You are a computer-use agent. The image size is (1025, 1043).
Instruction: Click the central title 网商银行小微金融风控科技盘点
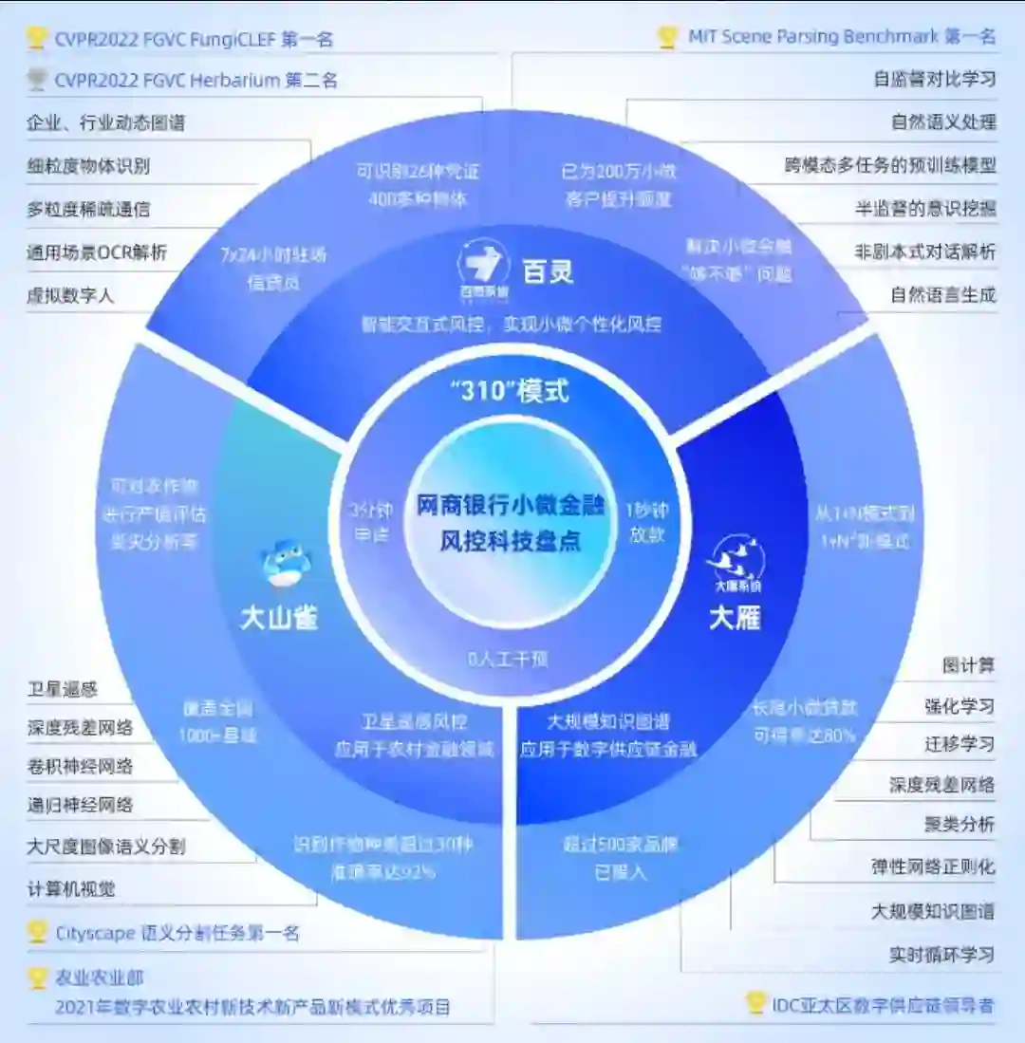pyautogui.click(x=510, y=523)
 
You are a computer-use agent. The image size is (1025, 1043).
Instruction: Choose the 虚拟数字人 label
pyautogui.click(x=70, y=295)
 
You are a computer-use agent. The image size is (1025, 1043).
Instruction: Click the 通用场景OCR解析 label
pyautogui.click(x=97, y=252)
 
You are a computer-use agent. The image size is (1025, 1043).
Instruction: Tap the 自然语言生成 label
pyautogui.click(x=942, y=295)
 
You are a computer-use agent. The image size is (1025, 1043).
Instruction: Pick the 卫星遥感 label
pyautogui.click(x=62, y=690)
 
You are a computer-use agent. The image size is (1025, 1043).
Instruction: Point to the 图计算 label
pyautogui.click(x=968, y=666)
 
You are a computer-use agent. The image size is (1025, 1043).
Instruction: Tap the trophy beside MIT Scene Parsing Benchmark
pyautogui.click(x=667, y=37)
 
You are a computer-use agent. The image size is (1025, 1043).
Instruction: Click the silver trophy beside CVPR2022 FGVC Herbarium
pyautogui.click(x=37, y=80)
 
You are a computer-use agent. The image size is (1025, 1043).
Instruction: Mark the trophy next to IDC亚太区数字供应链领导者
pyautogui.click(x=755, y=1002)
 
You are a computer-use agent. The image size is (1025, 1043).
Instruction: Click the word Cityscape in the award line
pyautogui.click(x=93, y=933)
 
